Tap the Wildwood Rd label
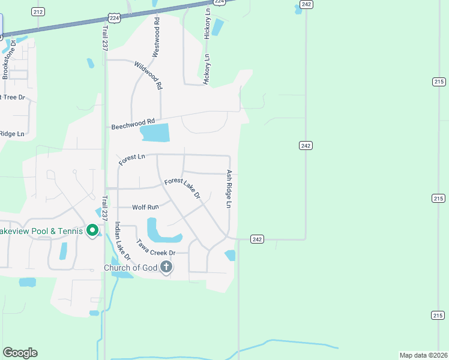pyautogui.click(x=148, y=76)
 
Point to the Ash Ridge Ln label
pyautogui.click(x=229, y=188)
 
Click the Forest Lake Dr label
pyautogui.click(x=182, y=188)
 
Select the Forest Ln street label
pyautogui.click(x=132, y=159)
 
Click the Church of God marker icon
pyautogui.click(x=166, y=267)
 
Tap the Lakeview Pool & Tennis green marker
pyautogui.click(x=92, y=230)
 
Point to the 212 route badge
pyautogui.click(x=38, y=11)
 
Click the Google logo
pyautogui.click(x=20, y=353)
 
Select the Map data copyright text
pyautogui.click(x=423, y=355)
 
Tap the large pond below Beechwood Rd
pyautogui.click(x=154, y=133)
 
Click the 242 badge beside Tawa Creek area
pyautogui.click(x=257, y=239)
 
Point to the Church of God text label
pyautogui.click(x=131, y=268)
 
